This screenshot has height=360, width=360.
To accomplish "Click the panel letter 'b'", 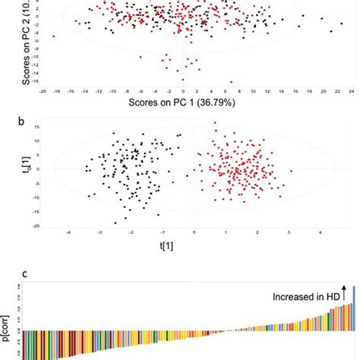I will [x=27, y=120].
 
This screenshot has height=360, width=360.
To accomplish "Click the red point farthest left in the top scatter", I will [x=54, y=36].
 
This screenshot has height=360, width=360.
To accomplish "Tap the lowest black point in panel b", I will [x=116, y=223].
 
